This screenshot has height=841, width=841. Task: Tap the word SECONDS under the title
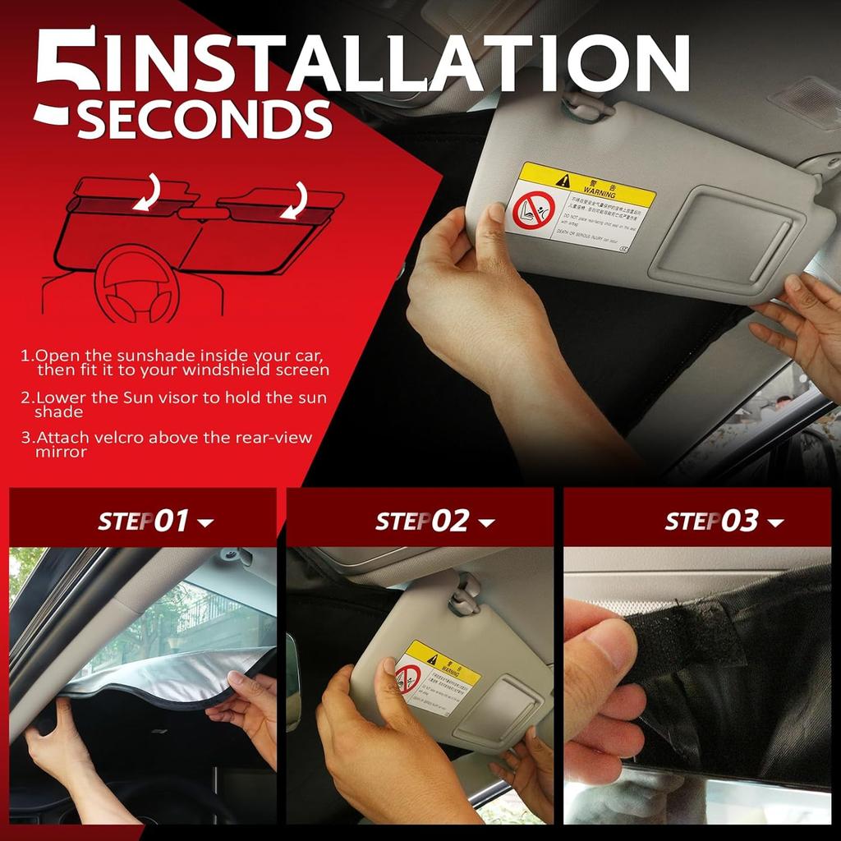pos(205,120)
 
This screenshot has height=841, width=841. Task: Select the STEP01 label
pos(144,521)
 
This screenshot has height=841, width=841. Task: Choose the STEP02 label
pos(422,521)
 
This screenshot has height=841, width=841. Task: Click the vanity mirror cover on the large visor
pos(722,237)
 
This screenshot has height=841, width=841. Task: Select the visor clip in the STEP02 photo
pos(464,594)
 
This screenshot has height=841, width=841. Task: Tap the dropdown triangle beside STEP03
pos(774,523)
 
